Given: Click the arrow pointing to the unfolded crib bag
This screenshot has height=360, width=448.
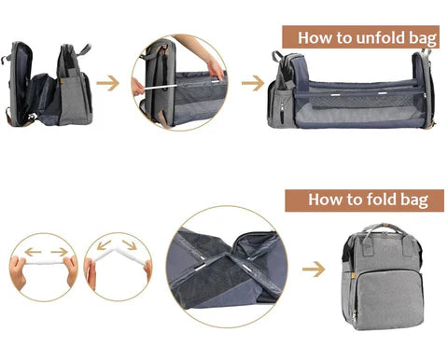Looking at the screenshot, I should coord(253,83).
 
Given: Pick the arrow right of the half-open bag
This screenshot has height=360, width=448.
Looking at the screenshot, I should coord(108,83).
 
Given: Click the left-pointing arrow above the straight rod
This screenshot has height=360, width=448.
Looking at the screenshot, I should coord(32,251).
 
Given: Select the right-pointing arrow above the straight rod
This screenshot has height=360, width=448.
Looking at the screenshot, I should coord(60,251).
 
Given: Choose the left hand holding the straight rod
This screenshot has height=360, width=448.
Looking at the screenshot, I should coord(21,272).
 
